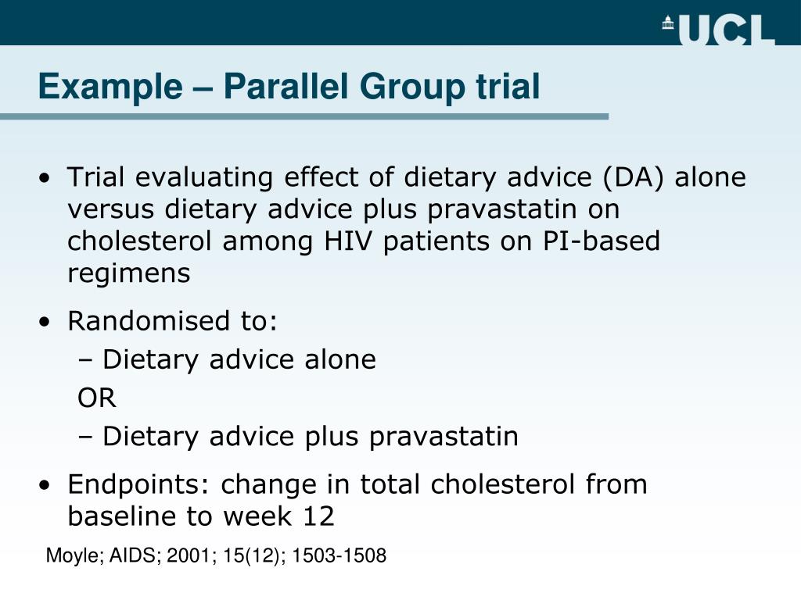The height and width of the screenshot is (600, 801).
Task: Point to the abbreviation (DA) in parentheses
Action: [633, 178]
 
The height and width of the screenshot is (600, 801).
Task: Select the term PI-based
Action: [602, 241]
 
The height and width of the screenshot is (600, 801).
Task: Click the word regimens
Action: [129, 273]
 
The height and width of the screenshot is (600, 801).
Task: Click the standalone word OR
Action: [97, 398]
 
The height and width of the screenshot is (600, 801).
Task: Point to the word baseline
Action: [120, 516]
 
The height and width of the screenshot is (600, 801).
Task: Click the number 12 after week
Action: [318, 516]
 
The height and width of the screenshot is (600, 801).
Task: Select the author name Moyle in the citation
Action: [69, 556]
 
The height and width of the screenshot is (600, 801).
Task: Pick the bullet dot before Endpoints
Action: [48, 486]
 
